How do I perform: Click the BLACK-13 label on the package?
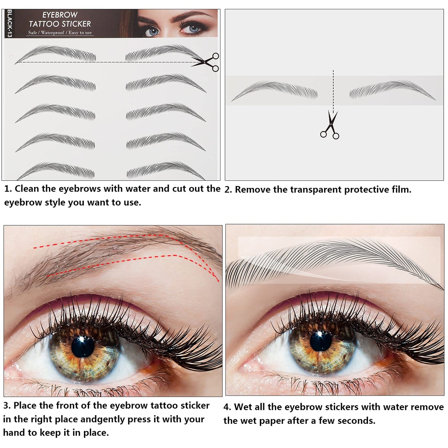pos(9,24)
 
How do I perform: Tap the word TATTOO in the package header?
pos(44,24)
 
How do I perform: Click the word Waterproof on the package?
pos(52,33)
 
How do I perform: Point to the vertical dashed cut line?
pos(333,90)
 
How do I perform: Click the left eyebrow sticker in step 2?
pos(275,90)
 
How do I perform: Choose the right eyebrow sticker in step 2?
pos(392,90)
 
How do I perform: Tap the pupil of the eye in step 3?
pos(83,347)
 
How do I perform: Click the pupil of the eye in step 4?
pos(321,341)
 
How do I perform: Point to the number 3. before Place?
pos(7,406)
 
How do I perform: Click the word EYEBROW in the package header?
pos(60,15)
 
